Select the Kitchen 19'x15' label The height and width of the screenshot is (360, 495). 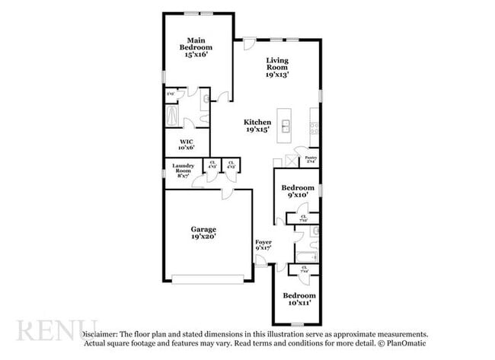click(x=257, y=126)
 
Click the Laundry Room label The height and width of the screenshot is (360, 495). click(x=183, y=169)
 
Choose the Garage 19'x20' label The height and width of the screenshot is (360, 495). click(x=203, y=233)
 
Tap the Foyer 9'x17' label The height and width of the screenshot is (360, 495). click(x=263, y=245)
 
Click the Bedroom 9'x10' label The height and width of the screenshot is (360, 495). click(x=297, y=191)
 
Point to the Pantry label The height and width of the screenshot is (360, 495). click(x=311, y=161)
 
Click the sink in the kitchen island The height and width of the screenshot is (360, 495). click(x=286, y=126)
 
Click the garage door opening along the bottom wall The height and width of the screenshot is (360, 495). click(x=207, y=276)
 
